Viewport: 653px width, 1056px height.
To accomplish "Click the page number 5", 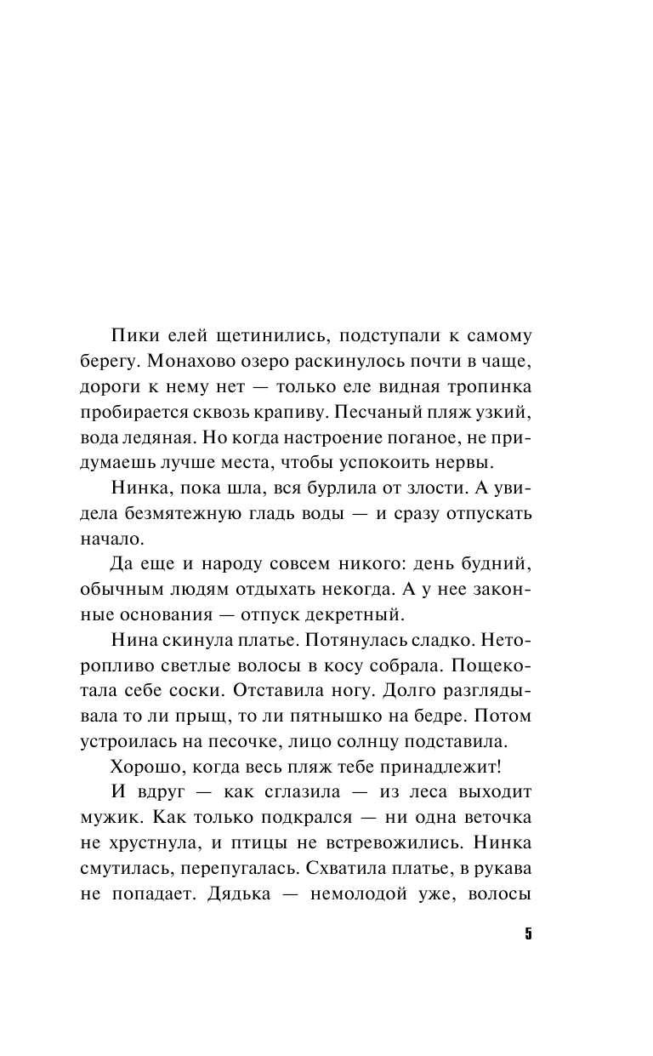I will (x=528, y=934).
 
